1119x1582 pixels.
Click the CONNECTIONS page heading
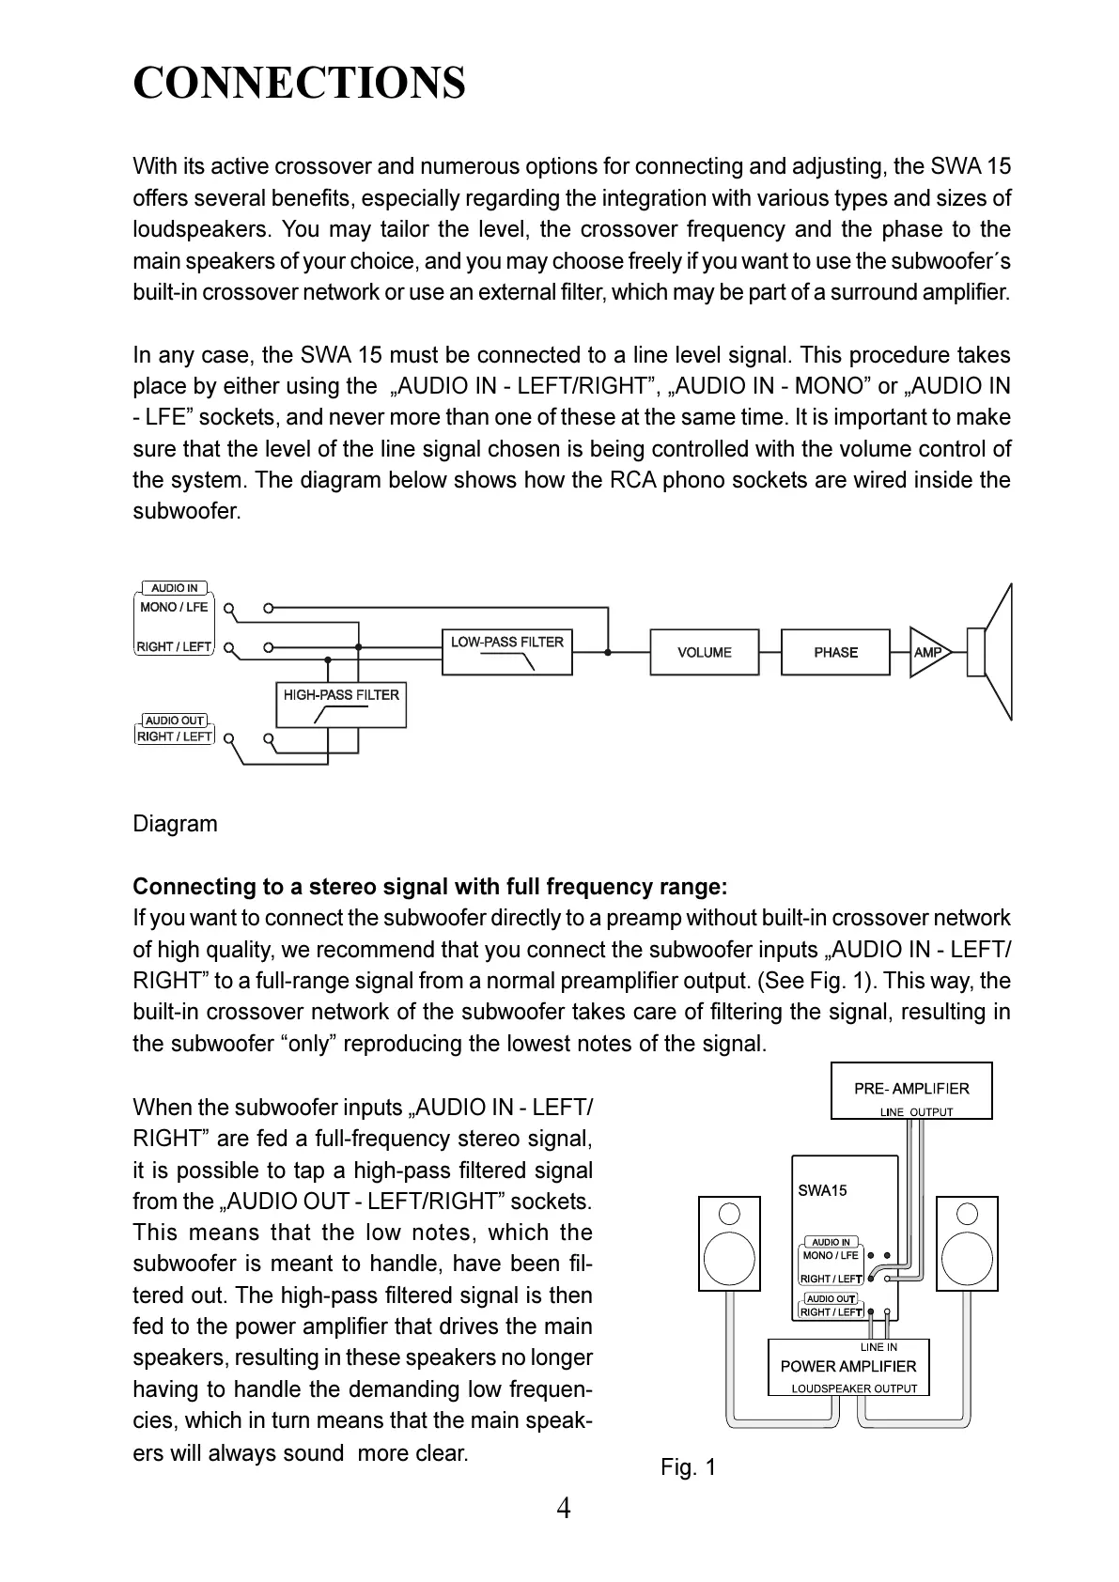[299, 83]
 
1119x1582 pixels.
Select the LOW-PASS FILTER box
[506, 651]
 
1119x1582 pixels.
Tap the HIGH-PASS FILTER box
[341, 705]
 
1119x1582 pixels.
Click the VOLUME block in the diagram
[704, 652]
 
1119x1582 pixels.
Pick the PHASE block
[835, 652]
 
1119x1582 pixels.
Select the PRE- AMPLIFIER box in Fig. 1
[911, 1090]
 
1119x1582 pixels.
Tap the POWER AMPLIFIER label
[847, 1366]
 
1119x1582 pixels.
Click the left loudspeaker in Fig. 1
[729, 1244]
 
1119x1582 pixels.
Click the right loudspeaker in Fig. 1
[968, 1244]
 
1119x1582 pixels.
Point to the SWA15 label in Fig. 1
[822, 1190]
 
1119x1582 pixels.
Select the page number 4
[563, 1509]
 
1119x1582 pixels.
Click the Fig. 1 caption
[688, 1466]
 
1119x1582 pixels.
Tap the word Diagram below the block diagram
[175, 824]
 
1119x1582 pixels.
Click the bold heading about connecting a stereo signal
[429, 887]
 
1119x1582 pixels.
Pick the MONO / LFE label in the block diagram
[174, 607]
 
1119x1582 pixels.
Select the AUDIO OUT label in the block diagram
[175, 721]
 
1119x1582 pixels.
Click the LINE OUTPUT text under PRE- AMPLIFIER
[916, 1112]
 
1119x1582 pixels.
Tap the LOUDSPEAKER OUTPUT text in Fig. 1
[853, 1388]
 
